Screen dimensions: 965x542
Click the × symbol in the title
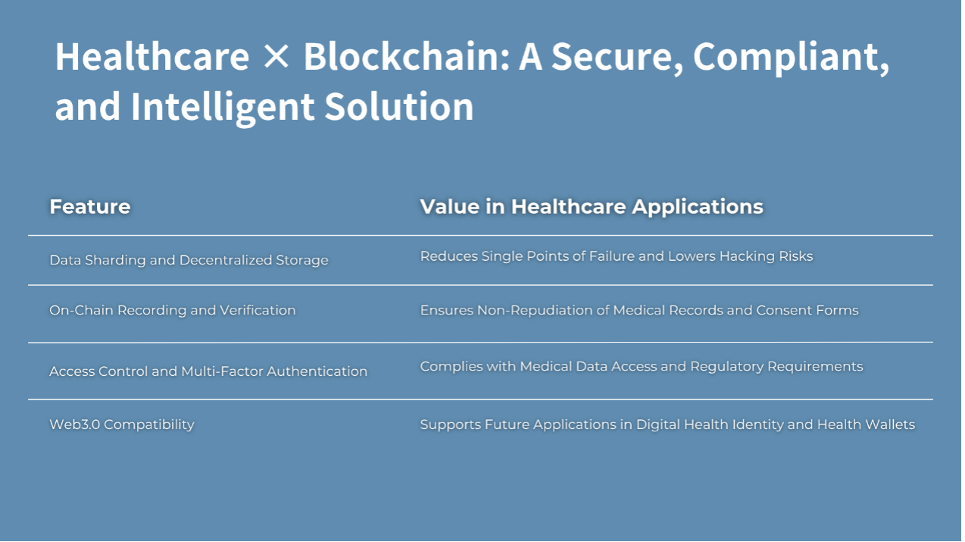[276, 57]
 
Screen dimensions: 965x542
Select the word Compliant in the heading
[791, 58]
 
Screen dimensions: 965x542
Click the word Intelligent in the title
[222, 107]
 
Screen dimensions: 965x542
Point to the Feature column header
[89, 206]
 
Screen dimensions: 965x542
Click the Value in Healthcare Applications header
[592, 206]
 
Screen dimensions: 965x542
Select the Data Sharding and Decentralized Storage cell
[189, 260]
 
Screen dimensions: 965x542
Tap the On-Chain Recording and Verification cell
[173, 310]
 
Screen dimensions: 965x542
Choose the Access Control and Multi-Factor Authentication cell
[208, 371]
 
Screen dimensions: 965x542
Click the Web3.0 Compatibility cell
[122, 425]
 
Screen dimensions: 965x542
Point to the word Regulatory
[726, 367]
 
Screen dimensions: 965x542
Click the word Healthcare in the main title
[152, 57]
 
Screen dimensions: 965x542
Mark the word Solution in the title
[399, 106]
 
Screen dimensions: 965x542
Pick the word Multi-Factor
[222, 371]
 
